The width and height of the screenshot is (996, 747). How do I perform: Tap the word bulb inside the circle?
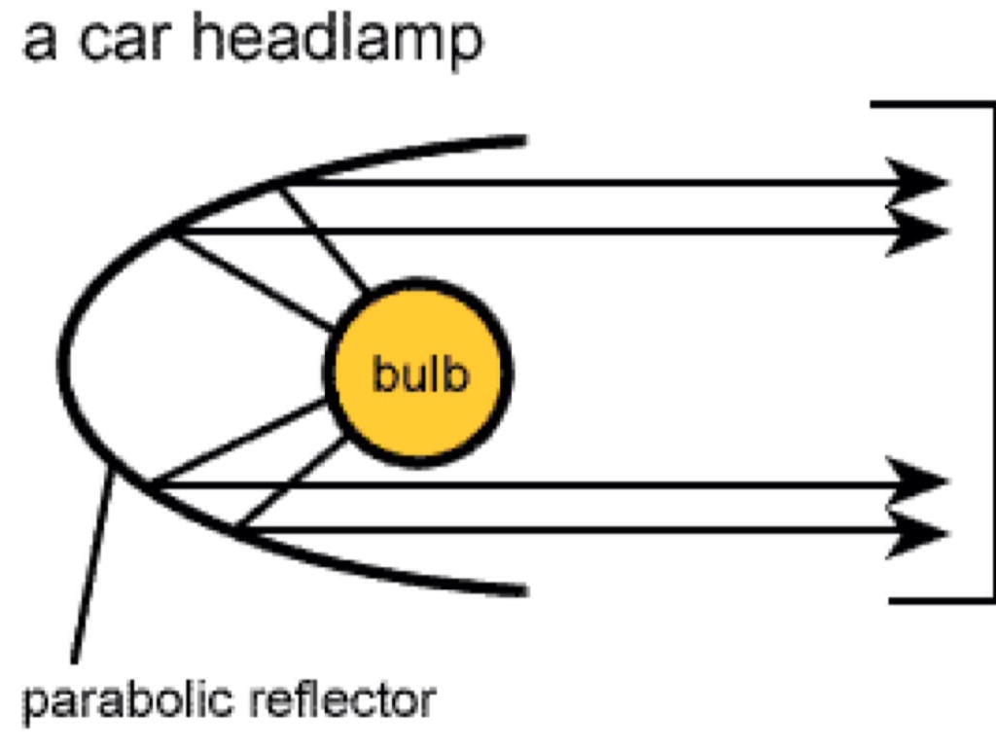420,374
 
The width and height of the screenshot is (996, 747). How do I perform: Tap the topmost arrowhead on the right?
919,182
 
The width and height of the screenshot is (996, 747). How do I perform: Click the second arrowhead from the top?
919,231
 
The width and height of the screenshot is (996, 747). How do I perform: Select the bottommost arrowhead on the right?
919,532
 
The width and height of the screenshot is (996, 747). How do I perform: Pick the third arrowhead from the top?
919,481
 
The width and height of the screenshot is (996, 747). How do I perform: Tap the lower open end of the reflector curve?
523,589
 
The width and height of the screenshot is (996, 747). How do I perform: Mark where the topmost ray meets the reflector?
279,182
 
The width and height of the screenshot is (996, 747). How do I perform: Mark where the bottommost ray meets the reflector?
238,530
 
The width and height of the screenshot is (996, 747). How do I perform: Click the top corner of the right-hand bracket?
991,104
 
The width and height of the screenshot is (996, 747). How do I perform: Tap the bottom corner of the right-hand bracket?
991,599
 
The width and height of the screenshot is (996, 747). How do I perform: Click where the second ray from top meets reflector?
173,231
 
